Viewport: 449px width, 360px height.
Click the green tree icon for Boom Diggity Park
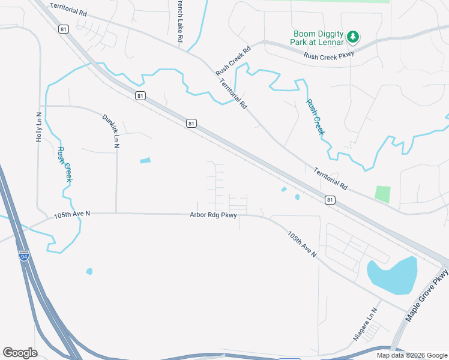[x=354, y=37]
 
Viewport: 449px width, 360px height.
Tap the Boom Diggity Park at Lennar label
[x=319, y=38]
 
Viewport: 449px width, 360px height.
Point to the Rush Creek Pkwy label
[x=329, y=56]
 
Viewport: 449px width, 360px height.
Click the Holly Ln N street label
[x=39, y=127]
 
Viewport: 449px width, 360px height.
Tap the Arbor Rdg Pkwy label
[x=213, y=215]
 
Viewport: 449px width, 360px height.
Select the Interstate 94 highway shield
[x=23, y=256]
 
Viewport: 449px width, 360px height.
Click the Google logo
[x=20, y=352]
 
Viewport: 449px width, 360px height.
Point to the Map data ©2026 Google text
[x=412, y=355]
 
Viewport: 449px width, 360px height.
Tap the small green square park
[x=382, y=194]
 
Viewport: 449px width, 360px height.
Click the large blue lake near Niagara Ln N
[x=392, y=275]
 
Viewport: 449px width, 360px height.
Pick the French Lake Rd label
[x=179, y=21]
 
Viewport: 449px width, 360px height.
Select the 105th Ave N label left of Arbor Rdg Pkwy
[x=72, y=214]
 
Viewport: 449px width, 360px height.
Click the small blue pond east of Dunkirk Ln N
[x=145, y=160]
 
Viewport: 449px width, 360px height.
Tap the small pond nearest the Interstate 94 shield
[x=89, y=271]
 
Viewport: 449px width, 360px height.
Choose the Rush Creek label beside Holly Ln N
[x=64, y=164]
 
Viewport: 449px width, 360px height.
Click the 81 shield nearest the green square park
[x=330, y=200]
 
